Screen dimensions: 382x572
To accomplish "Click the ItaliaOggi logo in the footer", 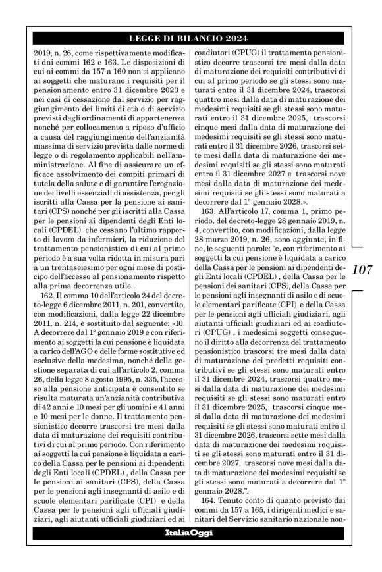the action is click(190, 532).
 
